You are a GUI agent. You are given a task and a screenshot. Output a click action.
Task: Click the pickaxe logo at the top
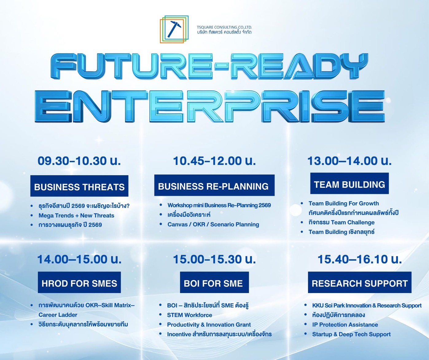pos(174,29)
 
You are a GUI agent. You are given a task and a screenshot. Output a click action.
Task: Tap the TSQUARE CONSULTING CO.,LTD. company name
pos(224,27)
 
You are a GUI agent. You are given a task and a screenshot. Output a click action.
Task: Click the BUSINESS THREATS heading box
pos(79,186)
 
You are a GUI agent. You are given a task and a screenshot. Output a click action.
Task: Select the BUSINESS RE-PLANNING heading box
pos(214,185)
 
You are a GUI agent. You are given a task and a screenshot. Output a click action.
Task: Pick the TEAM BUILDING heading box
pos(349,183)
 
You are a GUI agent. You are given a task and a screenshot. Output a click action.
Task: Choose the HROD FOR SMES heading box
pos(79,282)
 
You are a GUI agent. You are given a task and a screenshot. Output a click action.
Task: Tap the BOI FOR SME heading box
pos(214,282)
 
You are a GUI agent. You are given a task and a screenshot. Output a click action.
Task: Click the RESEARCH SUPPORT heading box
pos(360,282)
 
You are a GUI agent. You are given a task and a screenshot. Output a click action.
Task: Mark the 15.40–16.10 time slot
pos(360,259)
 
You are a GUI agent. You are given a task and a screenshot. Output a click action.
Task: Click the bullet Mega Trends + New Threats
pos(76,216)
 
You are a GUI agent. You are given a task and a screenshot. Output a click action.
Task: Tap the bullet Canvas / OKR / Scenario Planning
pos(213,224)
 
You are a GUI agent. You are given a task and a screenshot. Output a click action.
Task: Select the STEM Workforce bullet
pos(189,315)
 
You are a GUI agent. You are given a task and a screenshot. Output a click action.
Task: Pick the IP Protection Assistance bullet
pos(345,325)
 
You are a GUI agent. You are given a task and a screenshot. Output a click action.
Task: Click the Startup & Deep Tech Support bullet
pos(351,334)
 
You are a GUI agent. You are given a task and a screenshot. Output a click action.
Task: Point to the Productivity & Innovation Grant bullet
pos(209,325)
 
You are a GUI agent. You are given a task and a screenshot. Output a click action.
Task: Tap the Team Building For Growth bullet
pos(344,204)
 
